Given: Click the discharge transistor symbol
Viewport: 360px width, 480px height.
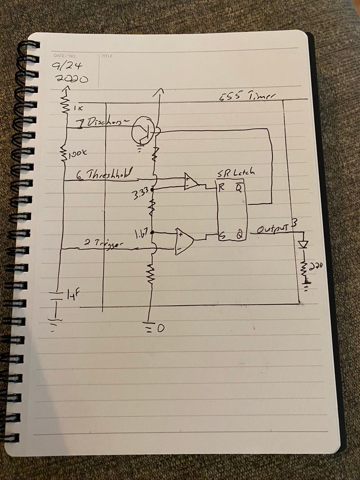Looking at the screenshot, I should [x=142, y=131].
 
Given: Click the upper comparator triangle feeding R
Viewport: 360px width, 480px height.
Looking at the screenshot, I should [x=190, y=181].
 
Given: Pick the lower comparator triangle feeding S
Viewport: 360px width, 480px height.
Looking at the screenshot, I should [x=183, y=240].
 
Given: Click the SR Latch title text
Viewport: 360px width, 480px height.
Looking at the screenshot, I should [x=236, y=172].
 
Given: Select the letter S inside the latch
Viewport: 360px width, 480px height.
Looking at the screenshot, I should [x=221, y=237].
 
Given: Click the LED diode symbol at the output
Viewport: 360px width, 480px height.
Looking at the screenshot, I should [x=303, y=244].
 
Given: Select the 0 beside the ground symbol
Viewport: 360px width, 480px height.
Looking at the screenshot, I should [x=161, y=329].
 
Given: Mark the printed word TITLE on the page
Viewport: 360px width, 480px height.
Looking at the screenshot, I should [x=106, y=56].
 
